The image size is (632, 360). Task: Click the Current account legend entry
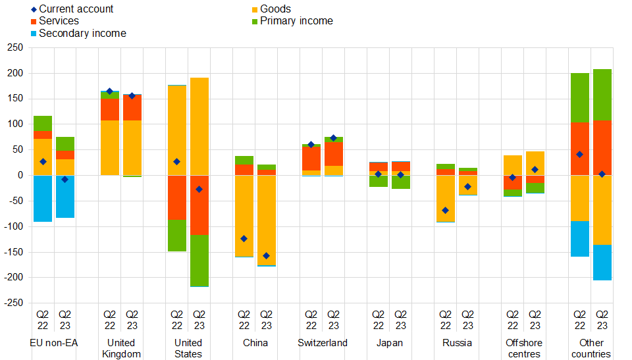pos(76,9)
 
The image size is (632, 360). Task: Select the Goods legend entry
pos(275,9)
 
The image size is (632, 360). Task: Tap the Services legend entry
pos(59,21)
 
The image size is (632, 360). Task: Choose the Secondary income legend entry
pos(82,34)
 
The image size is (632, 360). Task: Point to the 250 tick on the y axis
pos(13,48)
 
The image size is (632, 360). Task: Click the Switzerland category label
pos(323,343)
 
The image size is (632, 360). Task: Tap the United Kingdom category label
pos(121,348)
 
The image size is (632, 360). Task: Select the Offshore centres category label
pos(524,348)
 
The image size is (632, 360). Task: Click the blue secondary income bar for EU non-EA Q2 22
pos(43,198)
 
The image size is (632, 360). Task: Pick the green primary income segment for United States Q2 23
pos(199,261)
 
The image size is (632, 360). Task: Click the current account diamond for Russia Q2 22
pos(446,211)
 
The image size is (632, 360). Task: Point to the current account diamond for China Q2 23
pos(267,256)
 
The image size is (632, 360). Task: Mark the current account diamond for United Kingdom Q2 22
pos(110,91)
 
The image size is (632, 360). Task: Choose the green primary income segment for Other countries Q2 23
pos(602,95)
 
